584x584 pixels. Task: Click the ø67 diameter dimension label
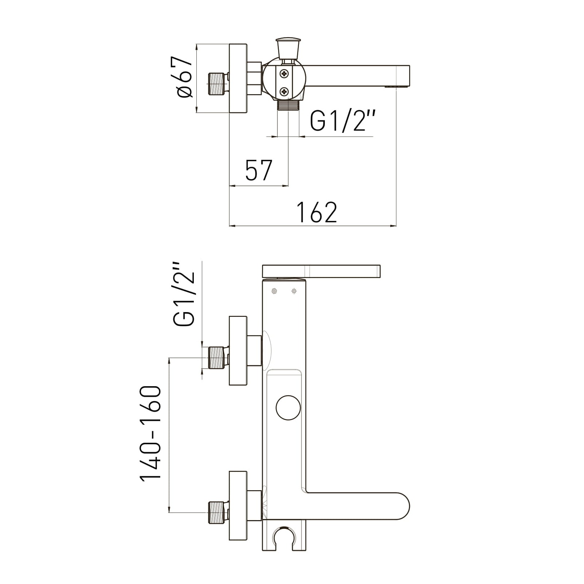click(x=185, y=77)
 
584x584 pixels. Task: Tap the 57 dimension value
click(x=259, y=170)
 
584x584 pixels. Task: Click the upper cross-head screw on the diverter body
click(x=284, y=74)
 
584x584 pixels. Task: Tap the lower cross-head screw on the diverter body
click(x=284, y=91)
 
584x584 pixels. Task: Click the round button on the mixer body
click(x=288, y=407)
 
